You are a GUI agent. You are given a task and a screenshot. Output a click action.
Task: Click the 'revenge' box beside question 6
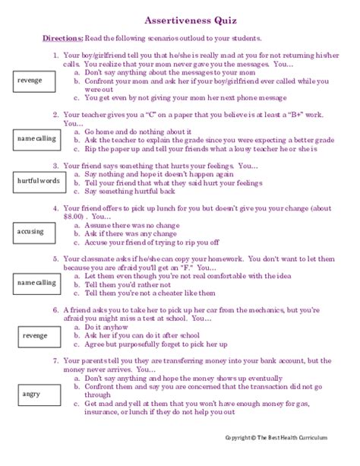click(35, 334)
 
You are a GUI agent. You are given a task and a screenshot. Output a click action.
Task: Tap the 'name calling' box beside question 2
click(36, 138)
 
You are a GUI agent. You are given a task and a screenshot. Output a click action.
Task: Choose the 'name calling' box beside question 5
click(36, 282)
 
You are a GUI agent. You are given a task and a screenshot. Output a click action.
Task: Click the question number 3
click(56, 164)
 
